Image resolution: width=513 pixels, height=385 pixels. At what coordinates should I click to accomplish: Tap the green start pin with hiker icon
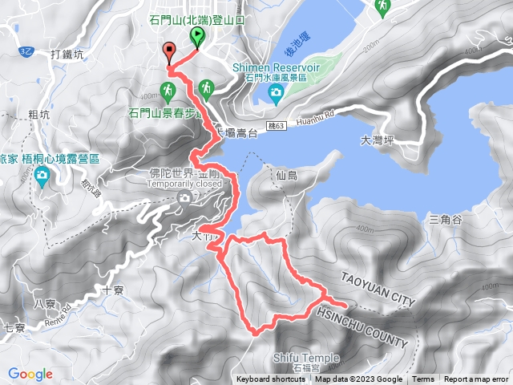197,37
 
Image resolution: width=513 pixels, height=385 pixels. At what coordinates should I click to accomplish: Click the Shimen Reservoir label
276,67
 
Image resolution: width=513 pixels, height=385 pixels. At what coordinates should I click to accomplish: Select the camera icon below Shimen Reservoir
276,95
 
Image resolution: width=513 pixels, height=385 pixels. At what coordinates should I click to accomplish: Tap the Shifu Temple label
305,358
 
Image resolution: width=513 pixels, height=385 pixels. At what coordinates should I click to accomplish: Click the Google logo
30,374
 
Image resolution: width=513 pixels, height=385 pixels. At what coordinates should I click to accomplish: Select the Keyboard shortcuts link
270,379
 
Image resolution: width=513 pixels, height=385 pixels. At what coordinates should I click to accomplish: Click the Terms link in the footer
423,379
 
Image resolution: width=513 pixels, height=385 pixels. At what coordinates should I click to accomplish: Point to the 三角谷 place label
446,219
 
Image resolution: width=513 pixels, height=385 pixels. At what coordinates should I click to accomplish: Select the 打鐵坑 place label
67,55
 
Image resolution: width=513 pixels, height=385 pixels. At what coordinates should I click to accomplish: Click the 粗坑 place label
38,114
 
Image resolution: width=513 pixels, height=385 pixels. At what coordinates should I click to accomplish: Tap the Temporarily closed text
184,183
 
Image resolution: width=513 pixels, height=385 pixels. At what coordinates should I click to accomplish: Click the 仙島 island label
286,174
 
